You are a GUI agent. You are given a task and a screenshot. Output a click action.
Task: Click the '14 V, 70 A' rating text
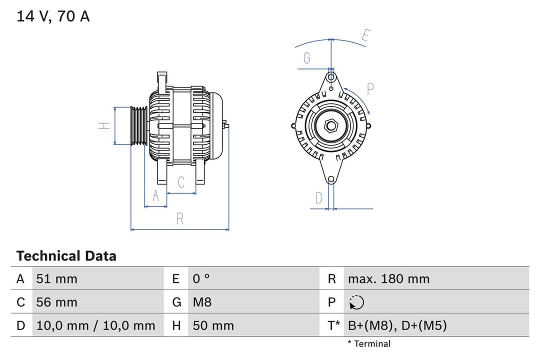pyautogui.click(x=53, y=16)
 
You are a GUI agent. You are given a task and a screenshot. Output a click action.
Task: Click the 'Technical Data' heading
pyautogui.click(x=66, y=256)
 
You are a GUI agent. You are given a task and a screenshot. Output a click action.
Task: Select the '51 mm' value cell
pyautogui.click(x=56, y=279)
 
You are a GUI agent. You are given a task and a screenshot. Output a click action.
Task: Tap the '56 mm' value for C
pyautogui.click(x=56, y=302)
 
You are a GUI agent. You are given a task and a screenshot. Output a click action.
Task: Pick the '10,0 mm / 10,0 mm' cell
pyautogui.click(x=95, y=326)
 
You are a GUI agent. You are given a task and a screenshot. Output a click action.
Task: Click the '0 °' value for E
pyautogui.click(x=201, y=279)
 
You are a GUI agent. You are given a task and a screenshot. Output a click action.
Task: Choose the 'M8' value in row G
pyautogui.click(x=202, y=302)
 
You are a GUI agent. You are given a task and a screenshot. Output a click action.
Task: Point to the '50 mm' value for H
pyautogui.click(x=213, y=326)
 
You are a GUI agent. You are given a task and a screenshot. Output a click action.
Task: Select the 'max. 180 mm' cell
pyautogui.click(x=388, y=279)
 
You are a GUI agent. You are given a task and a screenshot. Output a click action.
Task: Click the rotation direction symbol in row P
pyautogui.click(x=356, y=302)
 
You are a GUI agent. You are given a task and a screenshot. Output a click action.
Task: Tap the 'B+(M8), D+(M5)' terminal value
pyautogui.click(x=397, y=326)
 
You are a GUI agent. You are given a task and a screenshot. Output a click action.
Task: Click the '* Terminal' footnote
pyautogui.click(x=369, y=343)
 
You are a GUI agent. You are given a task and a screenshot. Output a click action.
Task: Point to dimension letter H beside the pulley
pyautogui.click(x=103, y=126)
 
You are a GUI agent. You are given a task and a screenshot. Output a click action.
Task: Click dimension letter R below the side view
pyautogui.click(x=180, y=218)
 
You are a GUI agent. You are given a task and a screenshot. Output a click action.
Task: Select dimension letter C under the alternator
pyautogui.click(x=181, y=182)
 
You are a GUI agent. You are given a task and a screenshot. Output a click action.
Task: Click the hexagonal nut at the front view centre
pyautogui.click(x=331, y=125)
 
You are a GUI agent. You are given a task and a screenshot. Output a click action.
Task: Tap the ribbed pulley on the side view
pyautogui.click(x=138, y=126)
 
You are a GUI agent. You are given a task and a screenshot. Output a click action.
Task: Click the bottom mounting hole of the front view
pyautogui.click(x=331, y=179)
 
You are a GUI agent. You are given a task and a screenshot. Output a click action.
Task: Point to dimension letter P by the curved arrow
pyautogui.click(x=370, y=89)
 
